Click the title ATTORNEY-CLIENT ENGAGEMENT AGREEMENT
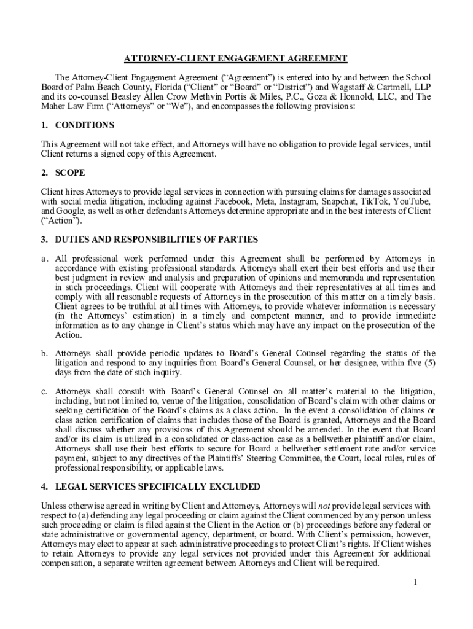click(x=236, y=58)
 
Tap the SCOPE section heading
click(x=70, y=173)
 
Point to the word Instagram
click(x=299, y=201)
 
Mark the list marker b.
click(x=45, y=354)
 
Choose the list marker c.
click(x=45, y=391)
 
